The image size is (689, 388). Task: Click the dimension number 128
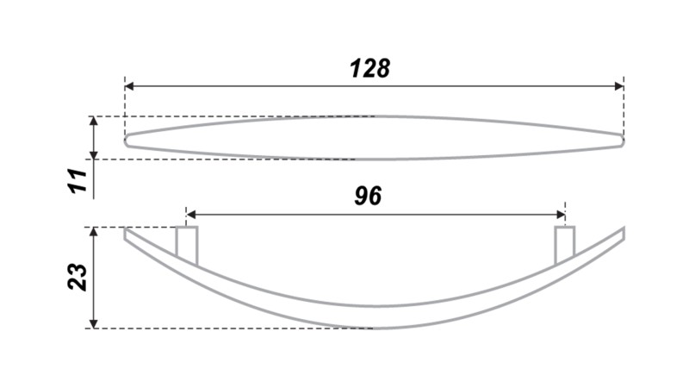coord(369,69)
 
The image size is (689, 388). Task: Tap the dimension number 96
coord(368,196)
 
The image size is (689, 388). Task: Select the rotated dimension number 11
coord(78,180)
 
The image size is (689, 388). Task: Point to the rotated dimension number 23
coord(78,277)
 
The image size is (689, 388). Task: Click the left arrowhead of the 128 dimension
coord(129,86)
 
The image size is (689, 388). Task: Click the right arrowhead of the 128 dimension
coord(619,86)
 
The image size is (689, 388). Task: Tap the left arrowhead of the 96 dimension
coord(190,215)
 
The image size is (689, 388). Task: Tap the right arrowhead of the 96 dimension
coord(561,215)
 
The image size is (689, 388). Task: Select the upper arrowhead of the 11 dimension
coord(94,121)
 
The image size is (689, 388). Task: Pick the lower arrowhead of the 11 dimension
coord(94,155)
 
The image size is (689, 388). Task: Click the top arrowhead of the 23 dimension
coord(94,232)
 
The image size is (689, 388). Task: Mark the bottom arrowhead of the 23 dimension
coord(94,324)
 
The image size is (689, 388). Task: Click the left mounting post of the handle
coord(187,246)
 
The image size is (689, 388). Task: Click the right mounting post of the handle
coord(565,246)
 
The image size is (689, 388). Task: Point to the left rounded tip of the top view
coord(125,141)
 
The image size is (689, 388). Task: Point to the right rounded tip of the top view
coord(623,141)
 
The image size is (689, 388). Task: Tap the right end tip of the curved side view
coord(624,229)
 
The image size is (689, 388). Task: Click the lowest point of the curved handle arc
coord(374,329)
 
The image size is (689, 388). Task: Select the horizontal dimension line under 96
coord(376,215)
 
